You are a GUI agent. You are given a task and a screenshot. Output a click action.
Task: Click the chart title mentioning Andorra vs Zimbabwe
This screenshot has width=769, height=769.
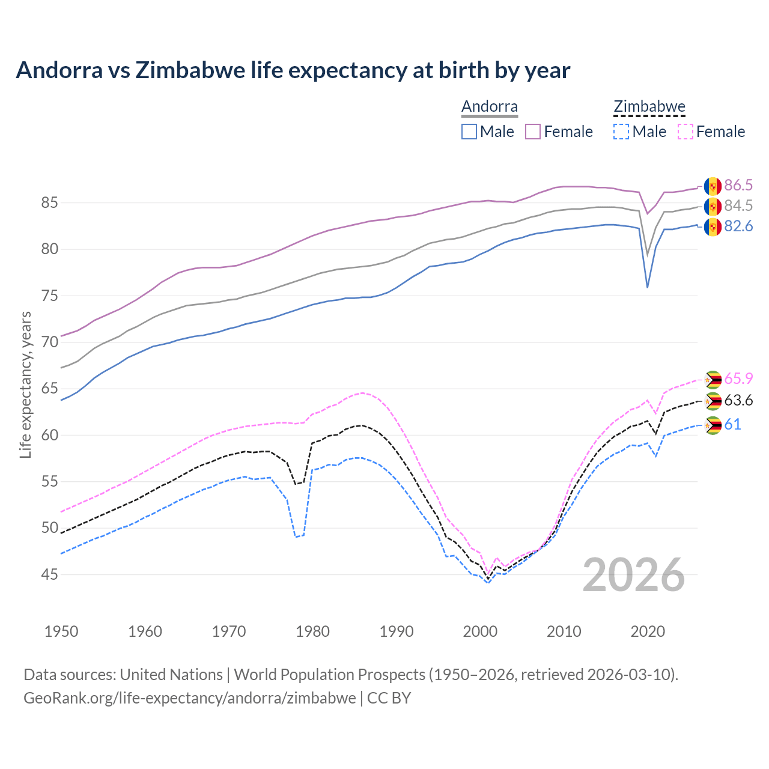[293, 70]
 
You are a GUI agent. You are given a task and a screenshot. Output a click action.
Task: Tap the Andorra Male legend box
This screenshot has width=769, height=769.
[469, 132]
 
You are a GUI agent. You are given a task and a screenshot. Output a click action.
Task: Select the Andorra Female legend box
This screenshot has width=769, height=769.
[533, 132]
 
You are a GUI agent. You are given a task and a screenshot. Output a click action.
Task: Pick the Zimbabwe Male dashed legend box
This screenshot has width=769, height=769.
[621, 132]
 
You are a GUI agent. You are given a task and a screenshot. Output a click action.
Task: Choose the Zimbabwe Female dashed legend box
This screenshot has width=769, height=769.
[685, 132]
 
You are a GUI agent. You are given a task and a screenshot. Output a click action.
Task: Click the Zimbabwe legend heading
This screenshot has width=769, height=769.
[649, 107]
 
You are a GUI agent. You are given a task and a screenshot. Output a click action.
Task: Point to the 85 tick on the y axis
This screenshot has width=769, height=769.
[49, 203]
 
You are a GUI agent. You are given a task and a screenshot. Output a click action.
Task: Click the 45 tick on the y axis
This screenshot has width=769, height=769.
[49, 575]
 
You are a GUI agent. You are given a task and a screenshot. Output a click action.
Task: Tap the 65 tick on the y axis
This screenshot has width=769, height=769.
[49, 389]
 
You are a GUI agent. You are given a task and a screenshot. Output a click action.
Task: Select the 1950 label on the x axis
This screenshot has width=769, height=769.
[61, 631]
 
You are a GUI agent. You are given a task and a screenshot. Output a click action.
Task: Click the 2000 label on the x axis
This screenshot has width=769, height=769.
[480, 631]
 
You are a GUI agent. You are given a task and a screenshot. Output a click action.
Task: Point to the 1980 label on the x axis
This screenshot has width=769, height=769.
[312, 631]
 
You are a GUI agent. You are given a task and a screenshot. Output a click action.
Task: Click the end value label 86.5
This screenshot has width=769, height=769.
[738, 185]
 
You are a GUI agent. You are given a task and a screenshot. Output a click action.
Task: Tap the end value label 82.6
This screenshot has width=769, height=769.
[738, 226]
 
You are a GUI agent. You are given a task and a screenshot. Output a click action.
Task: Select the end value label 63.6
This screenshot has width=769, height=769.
[738, 401]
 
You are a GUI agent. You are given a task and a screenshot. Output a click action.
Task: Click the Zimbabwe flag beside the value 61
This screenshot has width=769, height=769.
[713, 425]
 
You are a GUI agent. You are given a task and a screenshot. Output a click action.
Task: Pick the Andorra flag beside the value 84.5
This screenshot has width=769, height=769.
[713, 207]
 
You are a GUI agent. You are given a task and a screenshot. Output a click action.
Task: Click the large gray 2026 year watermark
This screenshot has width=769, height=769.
[634, 575]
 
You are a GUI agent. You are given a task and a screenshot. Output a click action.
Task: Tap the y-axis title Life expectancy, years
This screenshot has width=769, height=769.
[25, 384]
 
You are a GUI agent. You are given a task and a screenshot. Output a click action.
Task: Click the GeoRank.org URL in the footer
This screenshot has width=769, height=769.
[190, 698]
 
